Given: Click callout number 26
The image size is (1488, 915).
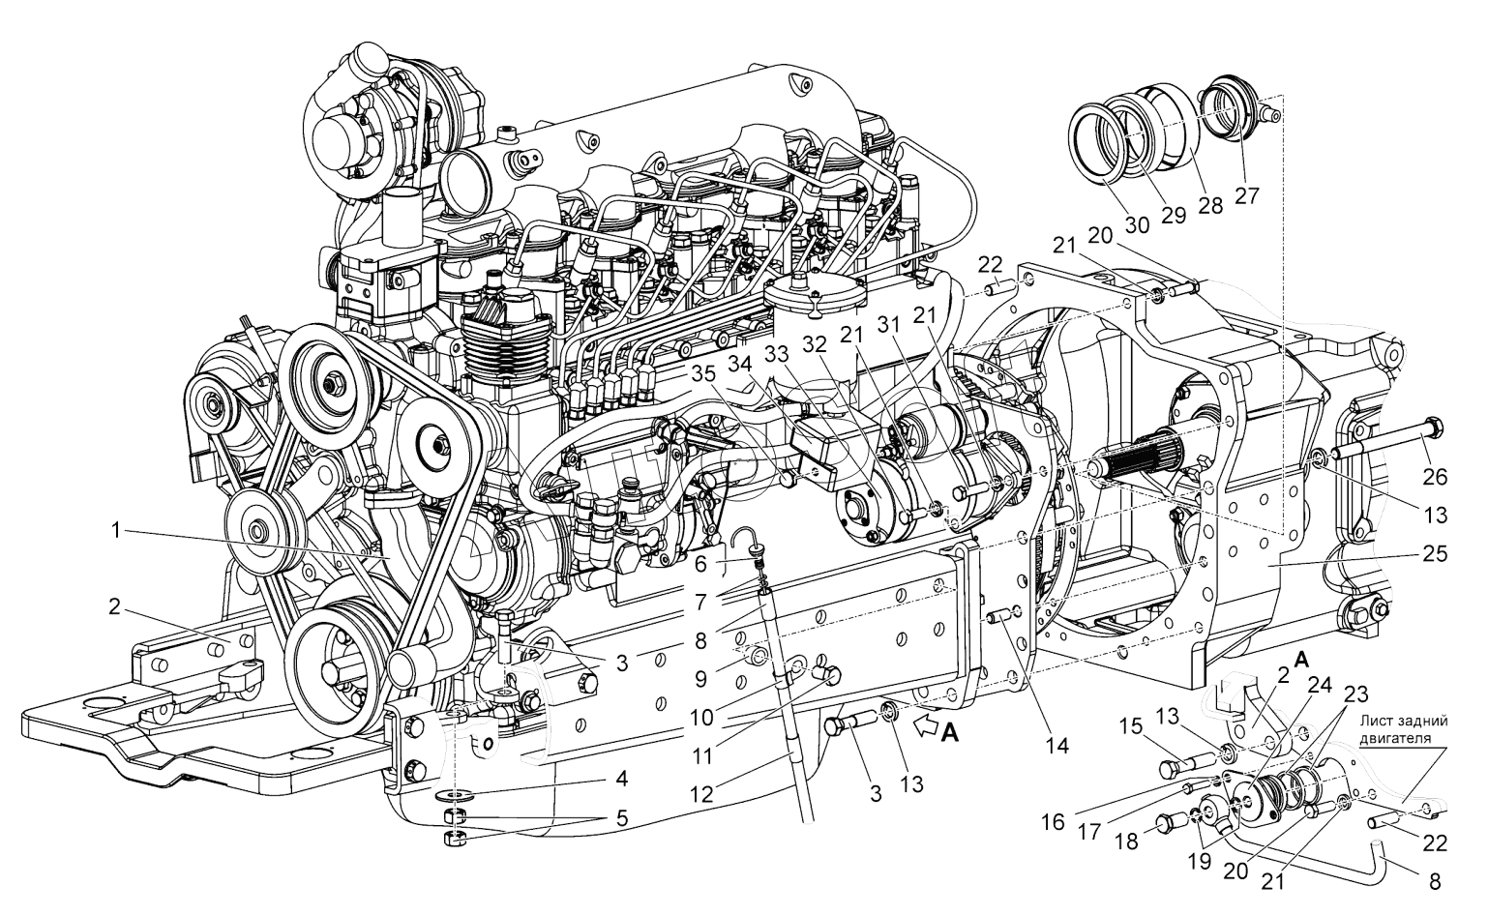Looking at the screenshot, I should [x=1434, y=476].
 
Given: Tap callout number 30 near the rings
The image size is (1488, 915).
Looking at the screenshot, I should [x=1137, y=225].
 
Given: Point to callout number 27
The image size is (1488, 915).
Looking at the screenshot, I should [x=1247, y=195].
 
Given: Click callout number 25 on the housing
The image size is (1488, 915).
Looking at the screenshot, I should [x=1435, y=554].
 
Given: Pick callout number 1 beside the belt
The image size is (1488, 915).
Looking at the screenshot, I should [x=115, y=529].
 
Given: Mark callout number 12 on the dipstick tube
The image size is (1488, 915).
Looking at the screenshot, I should [x=701, y=794].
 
